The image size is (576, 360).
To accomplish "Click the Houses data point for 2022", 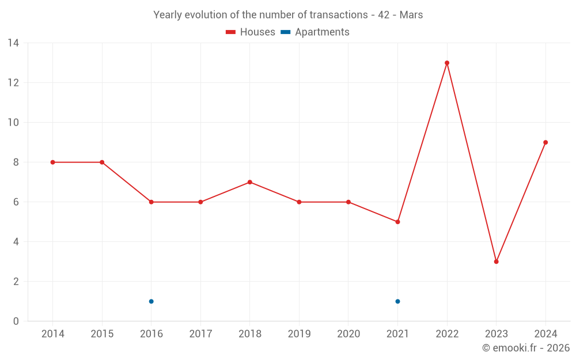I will pos(447,63).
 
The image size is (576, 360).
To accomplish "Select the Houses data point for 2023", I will pos(496,262).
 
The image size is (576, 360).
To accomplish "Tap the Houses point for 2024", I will pos(545,142).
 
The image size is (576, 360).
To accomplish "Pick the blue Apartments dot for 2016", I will pos(151,301).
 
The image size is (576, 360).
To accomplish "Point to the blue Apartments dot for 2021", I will pos(397,301).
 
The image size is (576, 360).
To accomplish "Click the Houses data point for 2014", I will pos(52,162).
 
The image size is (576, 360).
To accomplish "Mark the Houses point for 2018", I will pos(249,182).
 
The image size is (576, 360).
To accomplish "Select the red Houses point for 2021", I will pos(397,222).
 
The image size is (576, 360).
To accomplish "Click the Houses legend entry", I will pos(251,32).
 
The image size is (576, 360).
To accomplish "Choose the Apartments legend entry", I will pos(316,32).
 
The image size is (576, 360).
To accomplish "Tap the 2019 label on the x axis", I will pos(299,334).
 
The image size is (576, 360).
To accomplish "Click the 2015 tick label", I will pos(102,334).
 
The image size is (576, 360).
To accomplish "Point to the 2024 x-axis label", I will pos(545,334).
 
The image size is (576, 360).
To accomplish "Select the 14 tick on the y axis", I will pos(13,43).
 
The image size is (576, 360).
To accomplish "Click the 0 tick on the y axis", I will pos(16,321).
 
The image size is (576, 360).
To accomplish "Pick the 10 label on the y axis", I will pos(13,123).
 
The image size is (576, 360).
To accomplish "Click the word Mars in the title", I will pos(411,15).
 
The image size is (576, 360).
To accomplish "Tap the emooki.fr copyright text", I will pos(526,348).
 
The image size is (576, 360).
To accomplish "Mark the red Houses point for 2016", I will pos(151,202).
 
